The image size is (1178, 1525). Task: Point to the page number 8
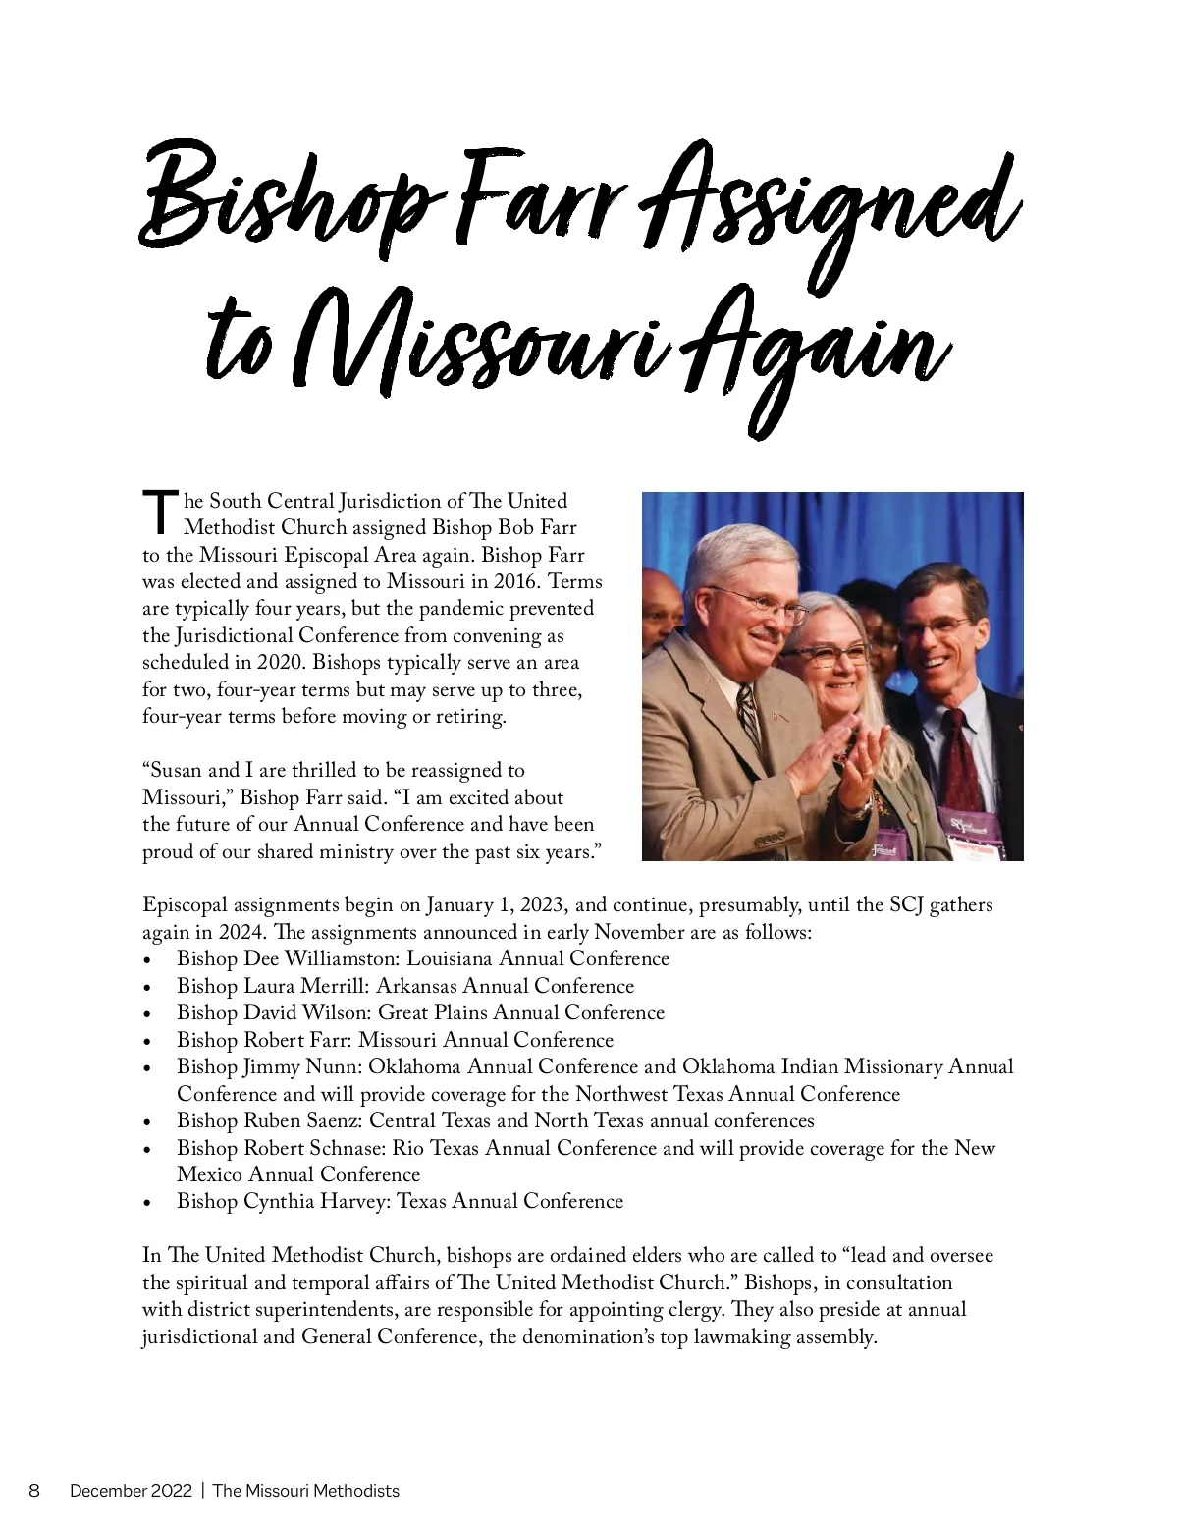pos(34,1491)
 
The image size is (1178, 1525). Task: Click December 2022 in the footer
pos(130,1491)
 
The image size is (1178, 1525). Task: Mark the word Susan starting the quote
pos(178,771)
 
